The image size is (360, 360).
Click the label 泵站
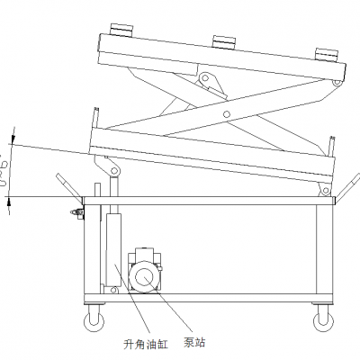194,342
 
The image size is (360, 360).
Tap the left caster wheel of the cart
93,316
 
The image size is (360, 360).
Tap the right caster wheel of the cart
320,316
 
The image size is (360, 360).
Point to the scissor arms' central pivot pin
227,112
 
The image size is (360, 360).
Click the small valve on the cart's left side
74,212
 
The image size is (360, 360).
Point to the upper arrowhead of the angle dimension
11,140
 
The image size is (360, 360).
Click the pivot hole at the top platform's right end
337,84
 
